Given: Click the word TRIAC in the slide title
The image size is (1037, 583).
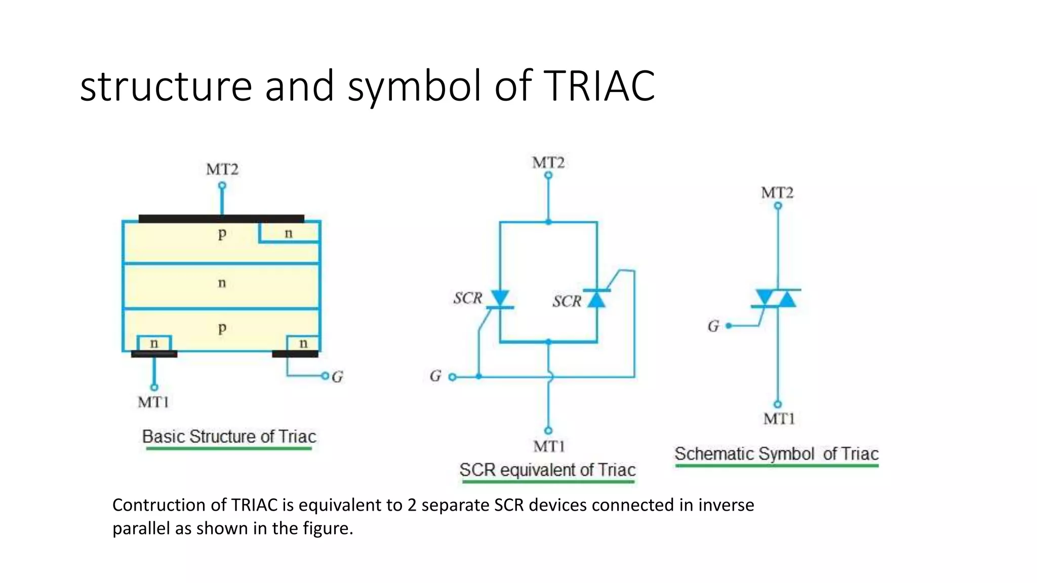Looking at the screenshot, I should pos(599,86).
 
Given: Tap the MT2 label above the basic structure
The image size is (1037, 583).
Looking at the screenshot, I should pos(222,169).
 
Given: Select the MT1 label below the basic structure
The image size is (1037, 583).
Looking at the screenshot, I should pos(153,402).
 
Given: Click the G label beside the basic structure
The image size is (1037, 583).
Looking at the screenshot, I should pos(337,377).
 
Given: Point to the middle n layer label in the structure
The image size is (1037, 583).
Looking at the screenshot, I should pos(222,283).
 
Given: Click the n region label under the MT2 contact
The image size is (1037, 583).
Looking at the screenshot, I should pos(289,233).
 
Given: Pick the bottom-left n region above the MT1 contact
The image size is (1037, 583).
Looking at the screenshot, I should pos(154,344).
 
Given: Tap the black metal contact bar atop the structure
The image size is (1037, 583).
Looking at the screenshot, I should pos(221,219).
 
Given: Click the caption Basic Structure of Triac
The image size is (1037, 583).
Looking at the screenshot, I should pos(229,436).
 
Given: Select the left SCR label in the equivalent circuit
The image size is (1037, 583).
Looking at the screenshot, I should pos(467,298).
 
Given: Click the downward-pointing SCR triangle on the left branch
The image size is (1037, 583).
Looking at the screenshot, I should pos(500,298).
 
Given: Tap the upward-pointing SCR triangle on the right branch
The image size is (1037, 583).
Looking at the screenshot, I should pos(596,299).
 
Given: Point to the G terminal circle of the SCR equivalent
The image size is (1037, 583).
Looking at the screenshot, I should pos(452,377).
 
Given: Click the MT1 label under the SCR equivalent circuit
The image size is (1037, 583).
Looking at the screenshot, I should pos(549,446).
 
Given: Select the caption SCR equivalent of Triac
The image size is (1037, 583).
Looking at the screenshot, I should pos(547,470).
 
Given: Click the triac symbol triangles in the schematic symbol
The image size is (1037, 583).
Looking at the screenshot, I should pos(777,299).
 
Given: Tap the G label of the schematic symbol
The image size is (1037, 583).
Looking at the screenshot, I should pos(713,326).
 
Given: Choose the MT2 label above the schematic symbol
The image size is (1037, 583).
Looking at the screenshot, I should pos(777,193).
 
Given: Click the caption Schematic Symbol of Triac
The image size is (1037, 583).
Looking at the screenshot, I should pos(776,453).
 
